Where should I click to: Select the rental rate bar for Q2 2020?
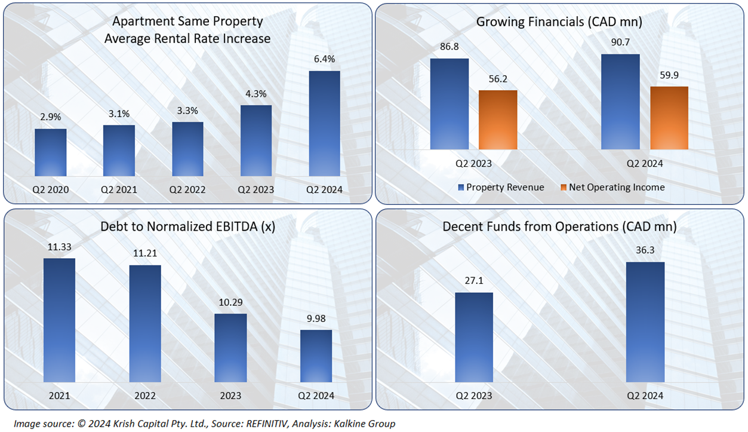(x=50, y=153)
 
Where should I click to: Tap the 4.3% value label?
(x=256, y=94)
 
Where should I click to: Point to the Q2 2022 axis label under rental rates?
(x=187, y=190)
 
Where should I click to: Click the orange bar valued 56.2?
(x=498, y=120)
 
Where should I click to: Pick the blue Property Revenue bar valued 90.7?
(x=620, y=102)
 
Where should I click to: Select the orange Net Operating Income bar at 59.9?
(x=669, y=118)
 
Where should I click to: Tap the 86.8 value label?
(x=449, y=47)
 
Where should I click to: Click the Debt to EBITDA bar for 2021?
(x=60, y=320)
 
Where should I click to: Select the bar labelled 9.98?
(x=316, y=356)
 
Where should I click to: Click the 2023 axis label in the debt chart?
(x=230, y=396)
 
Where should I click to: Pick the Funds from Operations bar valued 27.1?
(x=474, y=337)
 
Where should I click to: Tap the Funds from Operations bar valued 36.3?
(x=645, y=321)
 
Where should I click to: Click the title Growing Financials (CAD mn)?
(x=559, y=22)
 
